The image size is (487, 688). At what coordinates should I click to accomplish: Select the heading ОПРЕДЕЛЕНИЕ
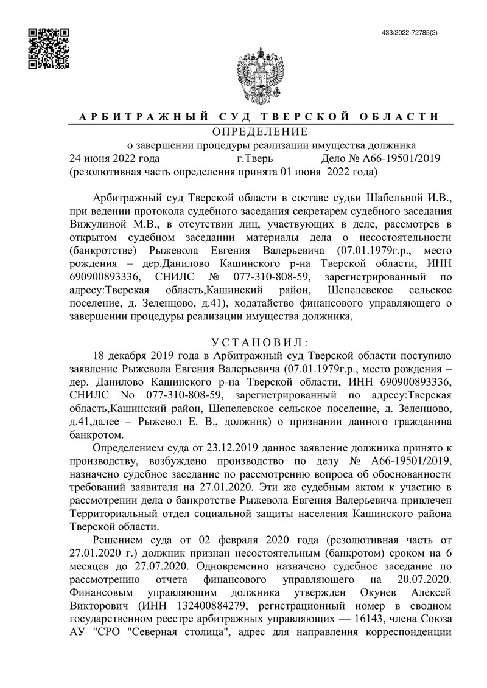tap(260, 131)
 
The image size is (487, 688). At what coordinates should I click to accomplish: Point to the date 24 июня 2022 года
tap(115, 159)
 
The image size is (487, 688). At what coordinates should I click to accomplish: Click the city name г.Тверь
tap(254, 159)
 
